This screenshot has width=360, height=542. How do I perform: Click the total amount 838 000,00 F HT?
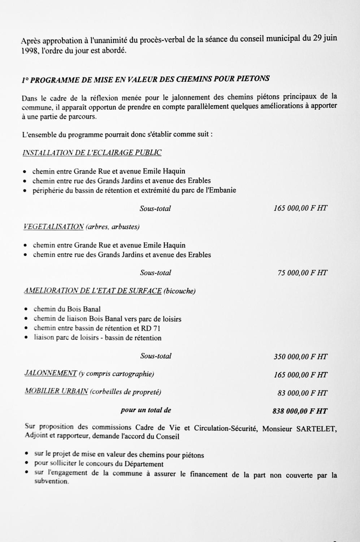pos(300,411)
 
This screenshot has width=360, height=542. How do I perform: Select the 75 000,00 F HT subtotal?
pos(302,273)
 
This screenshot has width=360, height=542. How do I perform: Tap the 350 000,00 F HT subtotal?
pos(300,357)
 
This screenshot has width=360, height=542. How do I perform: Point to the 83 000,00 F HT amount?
pos(302,393)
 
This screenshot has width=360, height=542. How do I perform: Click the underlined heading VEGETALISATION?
pos(53,227)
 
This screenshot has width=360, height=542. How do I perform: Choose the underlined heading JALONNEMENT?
pos(51,374)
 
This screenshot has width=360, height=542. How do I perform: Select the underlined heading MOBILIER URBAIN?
pos(56,392)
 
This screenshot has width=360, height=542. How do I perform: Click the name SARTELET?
pos(316,429)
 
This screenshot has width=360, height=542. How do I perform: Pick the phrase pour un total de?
pos(146,410)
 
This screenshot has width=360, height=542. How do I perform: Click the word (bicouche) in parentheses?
pos(179,291)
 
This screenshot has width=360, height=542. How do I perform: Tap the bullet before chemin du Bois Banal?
pos(26,310)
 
